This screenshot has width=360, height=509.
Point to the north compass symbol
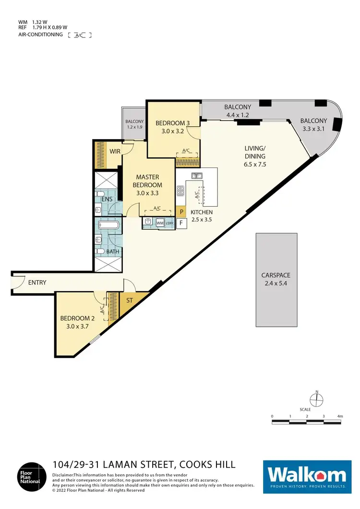(x=316, y=398)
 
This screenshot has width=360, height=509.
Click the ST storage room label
(x=130, y=301)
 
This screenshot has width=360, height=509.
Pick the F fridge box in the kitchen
(x=181, y=223)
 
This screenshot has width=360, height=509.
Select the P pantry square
(x=181, y=211)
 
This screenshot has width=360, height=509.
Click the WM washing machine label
(x=159, y=223)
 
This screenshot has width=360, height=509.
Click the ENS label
(x=107, y=199)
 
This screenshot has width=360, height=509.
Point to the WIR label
(x=115, y=151)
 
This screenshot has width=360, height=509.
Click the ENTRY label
(x=37, y=283)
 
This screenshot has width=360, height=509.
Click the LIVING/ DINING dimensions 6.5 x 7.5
(x=255, y=164)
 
